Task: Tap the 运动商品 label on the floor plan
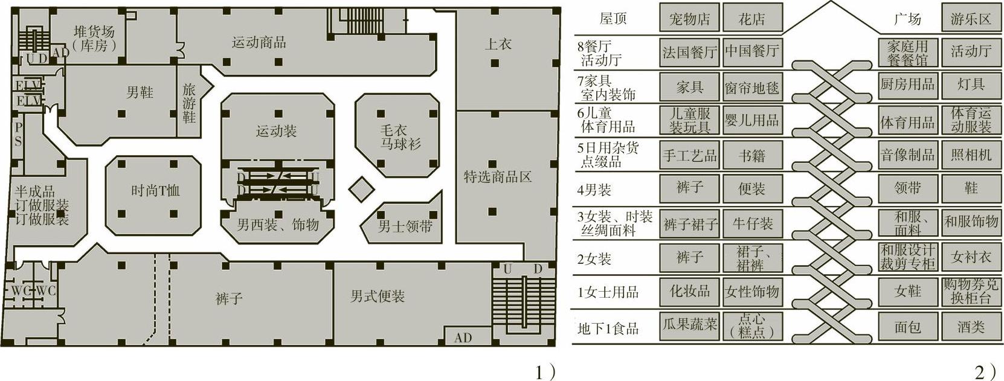[x=259, y=42]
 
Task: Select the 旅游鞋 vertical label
[x=189, y=103]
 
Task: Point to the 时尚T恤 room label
[x=155, y=191]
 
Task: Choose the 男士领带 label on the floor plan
[x=405, y=227]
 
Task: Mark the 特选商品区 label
[x=498, y=177]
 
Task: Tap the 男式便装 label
[x=378, y=296]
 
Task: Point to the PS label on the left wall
[x=18, y=135]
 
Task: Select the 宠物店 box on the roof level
[x=689, y=19]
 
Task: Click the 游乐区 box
[x=971, y=19]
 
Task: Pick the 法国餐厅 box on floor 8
[x=689, y=53]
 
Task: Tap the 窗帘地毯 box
[x=752, y=88]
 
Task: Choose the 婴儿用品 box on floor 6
[x=752, y=120]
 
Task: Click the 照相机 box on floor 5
[x=971, y=155]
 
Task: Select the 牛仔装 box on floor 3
[x=752, y=224]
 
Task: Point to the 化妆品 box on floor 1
[x=689, y=292]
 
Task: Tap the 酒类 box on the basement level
[x=971, y=327]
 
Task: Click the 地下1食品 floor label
[x=608, y=328]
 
